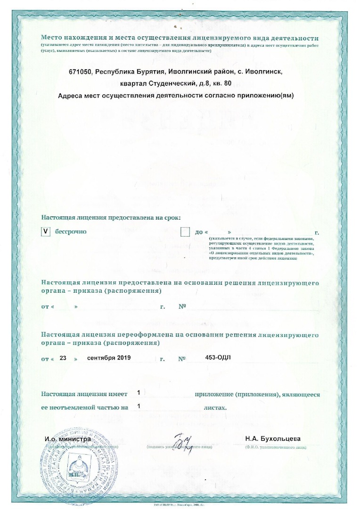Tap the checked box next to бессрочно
(x=45, y=232)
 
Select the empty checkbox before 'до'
(x=185, y=232)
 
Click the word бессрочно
(x=71, y=232)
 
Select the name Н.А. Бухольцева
(x=272, y=439)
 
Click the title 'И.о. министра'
(x=68, y=439)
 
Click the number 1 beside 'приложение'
(x=139, y=393)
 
